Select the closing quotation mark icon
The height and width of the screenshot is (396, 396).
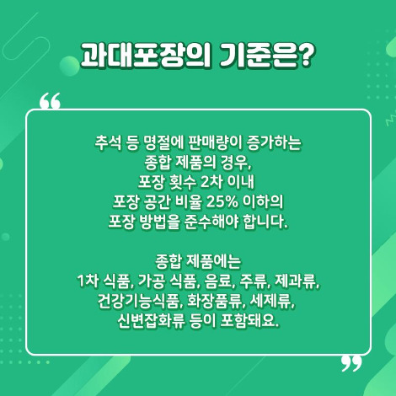351,363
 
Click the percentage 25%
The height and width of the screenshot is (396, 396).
233,202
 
